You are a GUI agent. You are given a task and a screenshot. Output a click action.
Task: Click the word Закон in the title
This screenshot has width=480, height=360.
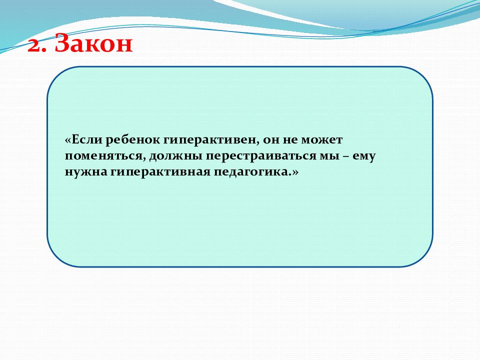(93, 43)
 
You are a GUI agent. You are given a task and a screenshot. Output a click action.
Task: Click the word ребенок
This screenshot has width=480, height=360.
(133, 139)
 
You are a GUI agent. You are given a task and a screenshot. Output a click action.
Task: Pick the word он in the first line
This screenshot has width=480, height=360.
(271, 140)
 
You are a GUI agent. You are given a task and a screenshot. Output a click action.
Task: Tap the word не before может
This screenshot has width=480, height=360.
(290, 140)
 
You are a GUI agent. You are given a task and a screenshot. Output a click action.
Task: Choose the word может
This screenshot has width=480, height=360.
(322, 140)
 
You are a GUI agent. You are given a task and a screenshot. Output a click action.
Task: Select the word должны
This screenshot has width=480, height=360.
(175, 156)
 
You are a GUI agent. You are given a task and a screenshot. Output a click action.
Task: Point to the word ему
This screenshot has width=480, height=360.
(364, 157)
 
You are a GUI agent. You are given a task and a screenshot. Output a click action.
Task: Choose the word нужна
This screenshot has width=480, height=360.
(86, 172)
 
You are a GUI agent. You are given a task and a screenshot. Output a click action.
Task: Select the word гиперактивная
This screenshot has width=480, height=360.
(160, 172)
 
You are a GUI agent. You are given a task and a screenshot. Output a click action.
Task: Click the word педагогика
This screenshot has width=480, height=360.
(251, 172)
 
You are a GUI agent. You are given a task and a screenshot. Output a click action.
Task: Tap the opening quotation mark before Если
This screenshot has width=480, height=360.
(68, 140)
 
